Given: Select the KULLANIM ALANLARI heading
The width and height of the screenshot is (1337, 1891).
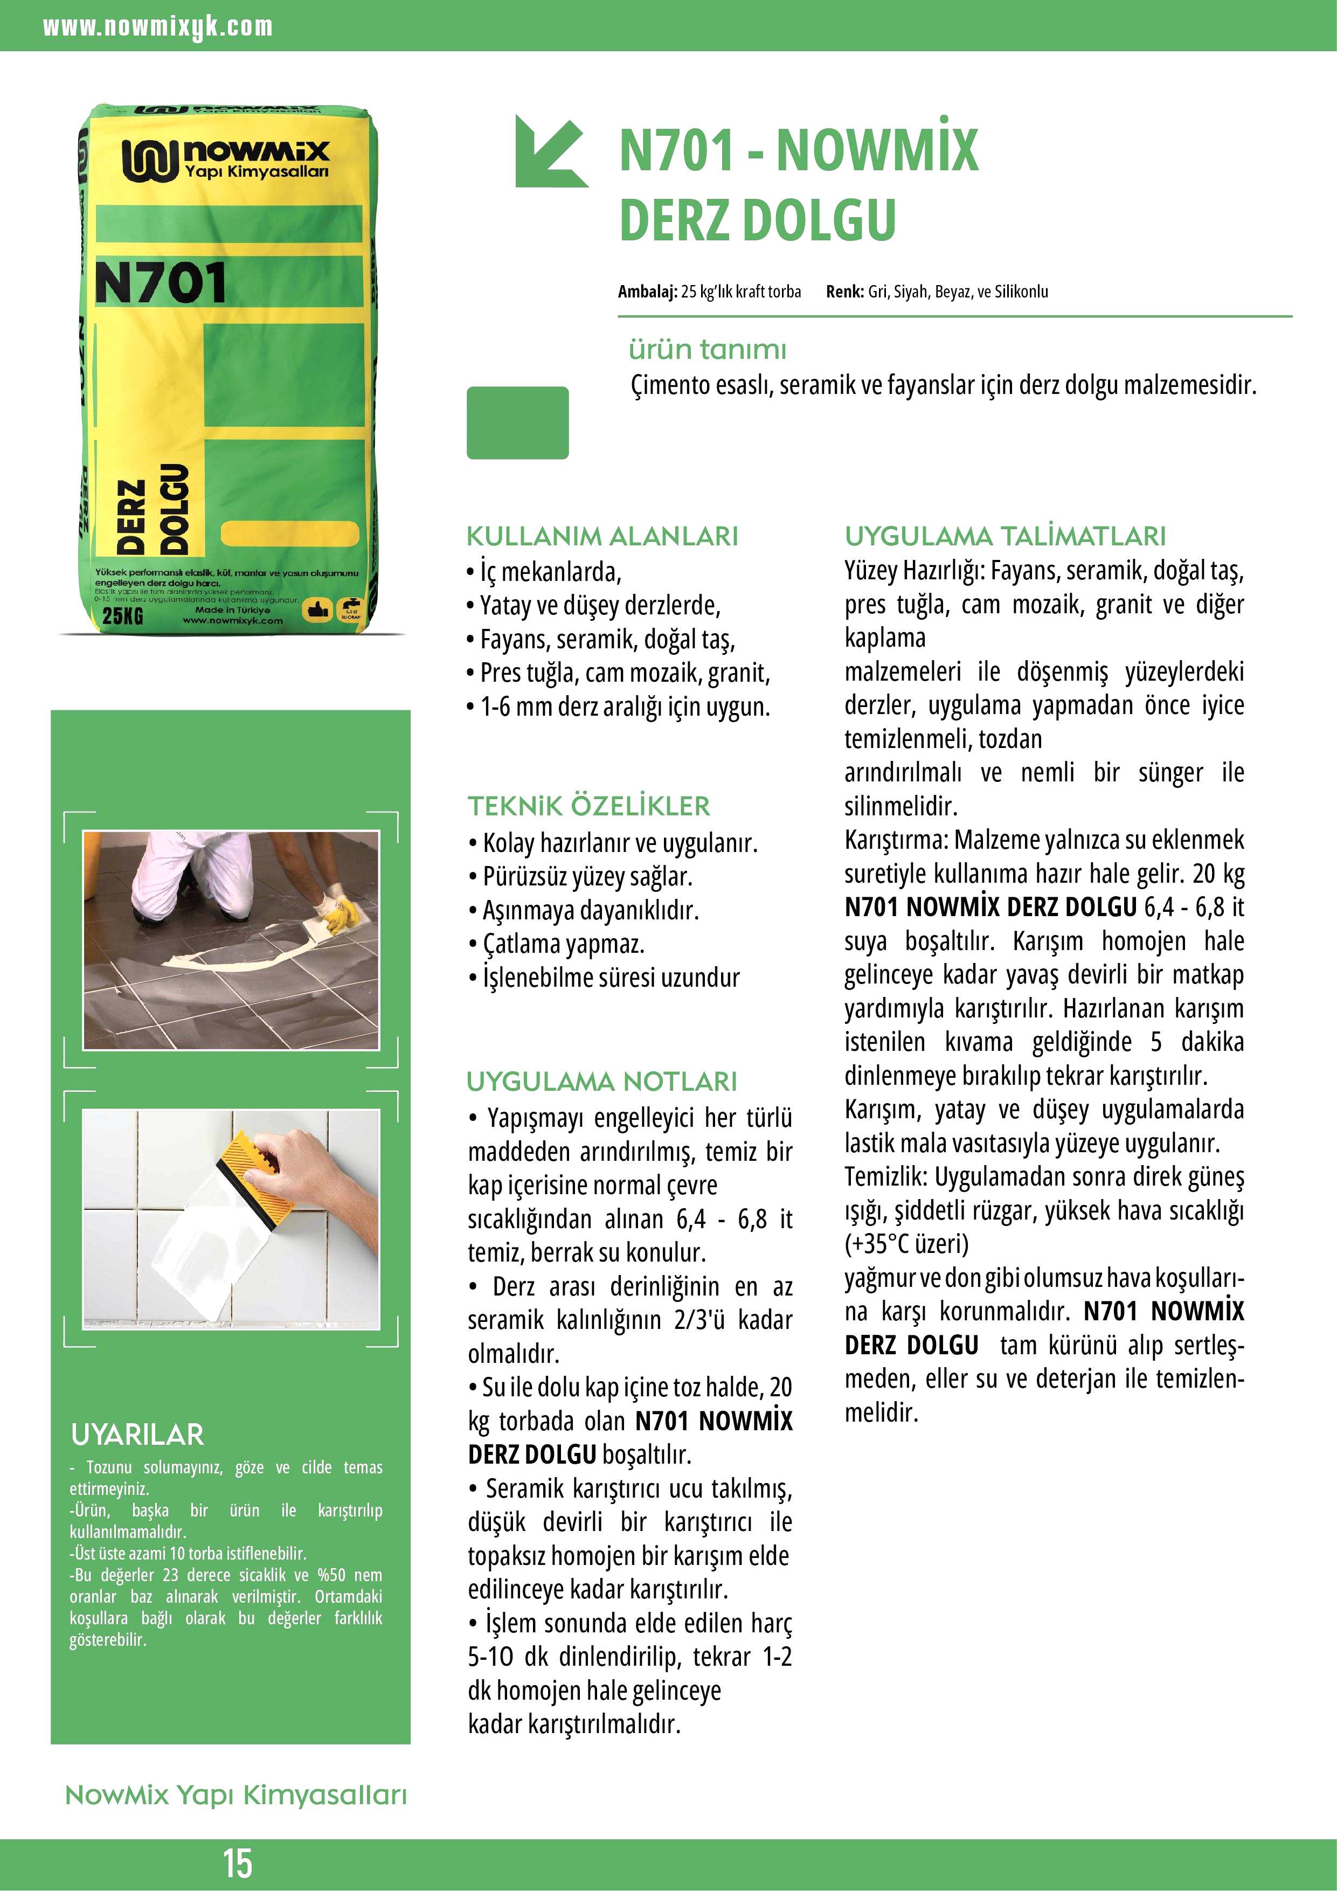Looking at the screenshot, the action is pos(601,536).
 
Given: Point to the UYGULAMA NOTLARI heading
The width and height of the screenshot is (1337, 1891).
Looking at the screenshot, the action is pos(601,1082).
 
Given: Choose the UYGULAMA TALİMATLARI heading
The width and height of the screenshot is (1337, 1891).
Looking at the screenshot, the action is pos(1005,536).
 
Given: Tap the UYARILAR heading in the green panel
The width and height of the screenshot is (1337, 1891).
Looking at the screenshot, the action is pos(137,1435).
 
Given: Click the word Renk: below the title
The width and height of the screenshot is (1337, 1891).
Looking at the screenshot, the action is pos(844,292).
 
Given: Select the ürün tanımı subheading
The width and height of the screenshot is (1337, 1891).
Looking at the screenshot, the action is pos(708,349).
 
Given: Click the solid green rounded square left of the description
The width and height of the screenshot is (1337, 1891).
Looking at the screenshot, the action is pos(517,422).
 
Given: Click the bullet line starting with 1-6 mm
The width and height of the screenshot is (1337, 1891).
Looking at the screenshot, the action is pos(618,706).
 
